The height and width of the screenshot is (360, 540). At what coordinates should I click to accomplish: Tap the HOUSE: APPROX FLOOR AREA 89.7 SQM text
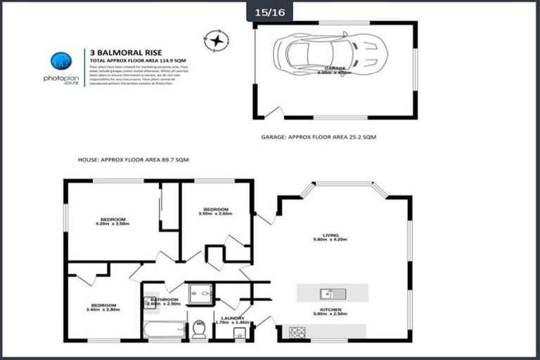point(134,160)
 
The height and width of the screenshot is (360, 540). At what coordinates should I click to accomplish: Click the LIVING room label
point(330,237)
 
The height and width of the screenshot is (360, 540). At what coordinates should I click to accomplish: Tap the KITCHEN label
point(330,311)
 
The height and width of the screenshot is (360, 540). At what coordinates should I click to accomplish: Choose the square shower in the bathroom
point(200,293)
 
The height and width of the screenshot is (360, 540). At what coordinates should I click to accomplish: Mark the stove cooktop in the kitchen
point(293,331)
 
